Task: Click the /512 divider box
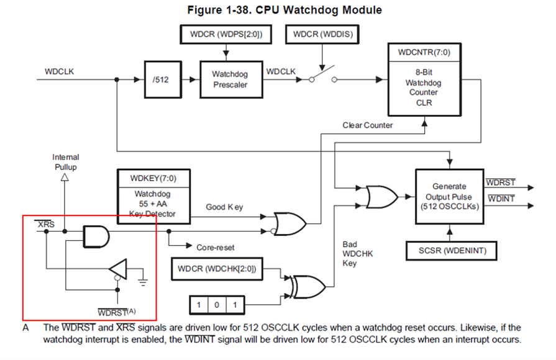[x=162, y=79]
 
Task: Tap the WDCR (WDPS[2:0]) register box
[x=222, y=34]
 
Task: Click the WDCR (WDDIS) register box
[x=322, y=34]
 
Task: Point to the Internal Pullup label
[x=65, y=163]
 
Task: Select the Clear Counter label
[x=368, y=125]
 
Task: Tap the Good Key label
[x=224, y=207]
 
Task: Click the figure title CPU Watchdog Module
[x=284, y=10]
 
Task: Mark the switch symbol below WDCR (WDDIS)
[x=321, y=78]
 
